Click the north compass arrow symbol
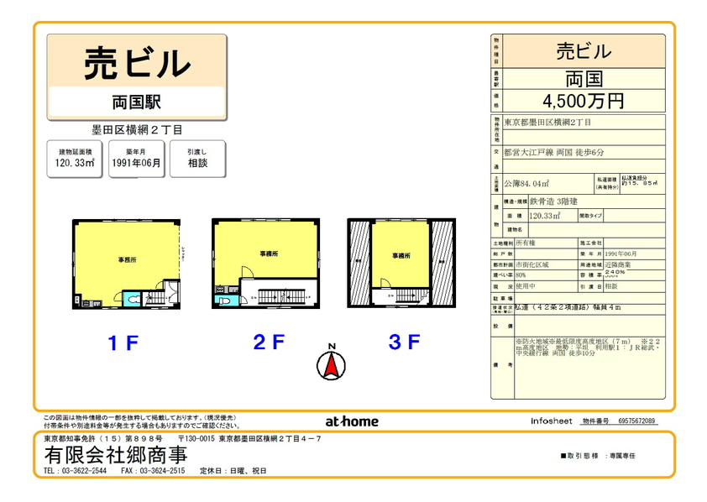331,363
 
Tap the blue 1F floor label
123,343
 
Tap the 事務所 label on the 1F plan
126,260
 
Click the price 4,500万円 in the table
583,102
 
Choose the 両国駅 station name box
136,102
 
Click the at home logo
351,421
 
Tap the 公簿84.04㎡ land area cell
527,182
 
